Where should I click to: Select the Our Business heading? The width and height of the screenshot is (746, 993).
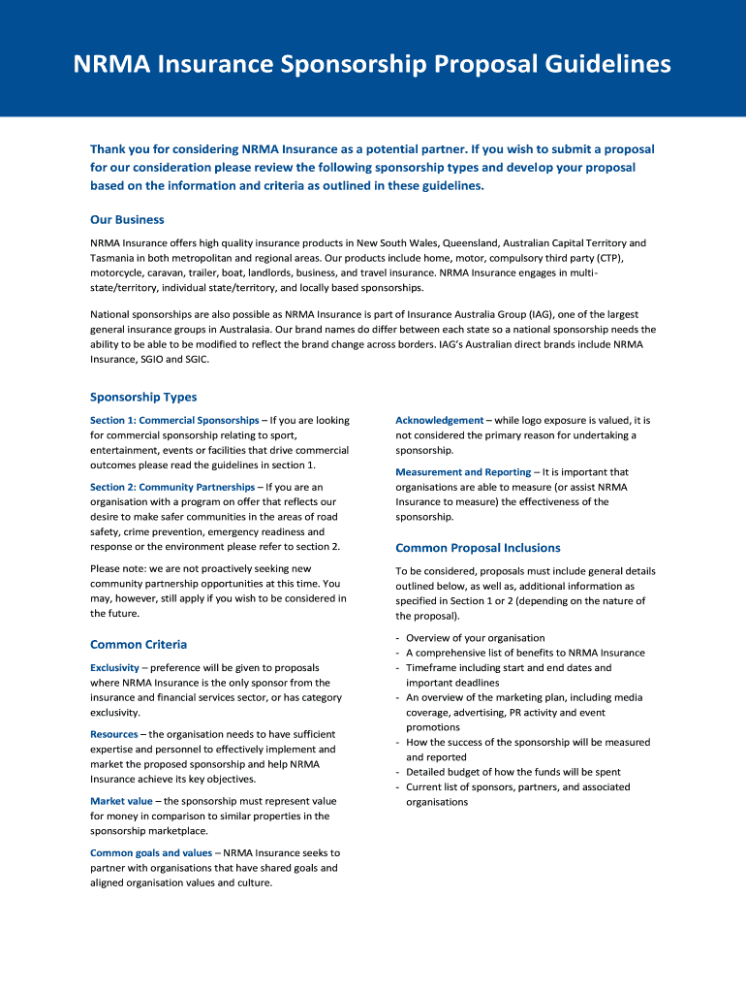pos(127,219)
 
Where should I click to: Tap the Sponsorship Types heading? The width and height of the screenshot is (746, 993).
pos(143,397)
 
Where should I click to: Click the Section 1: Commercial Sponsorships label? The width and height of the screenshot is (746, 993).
pos(174,420)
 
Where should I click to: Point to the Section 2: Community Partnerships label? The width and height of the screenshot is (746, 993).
pos(172,487)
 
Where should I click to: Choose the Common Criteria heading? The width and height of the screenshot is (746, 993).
pos(139,644)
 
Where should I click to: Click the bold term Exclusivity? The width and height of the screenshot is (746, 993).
pos(114,667)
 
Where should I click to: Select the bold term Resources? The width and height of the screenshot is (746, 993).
pos(114,734)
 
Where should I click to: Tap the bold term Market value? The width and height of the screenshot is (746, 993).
pos(121,801)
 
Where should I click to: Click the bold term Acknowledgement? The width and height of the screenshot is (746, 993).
pos(439,420)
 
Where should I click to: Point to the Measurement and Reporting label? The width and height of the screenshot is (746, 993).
pos(463,472)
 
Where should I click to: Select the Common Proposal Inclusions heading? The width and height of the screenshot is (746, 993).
pos(478,547)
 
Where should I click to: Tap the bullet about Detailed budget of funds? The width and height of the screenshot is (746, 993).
pos(513,772)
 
